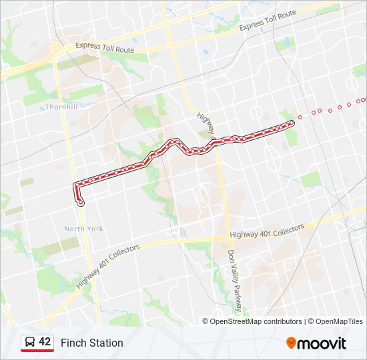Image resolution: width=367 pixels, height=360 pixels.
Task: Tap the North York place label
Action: point(83,229)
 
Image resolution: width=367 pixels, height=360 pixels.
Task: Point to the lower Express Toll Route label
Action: point(105,49)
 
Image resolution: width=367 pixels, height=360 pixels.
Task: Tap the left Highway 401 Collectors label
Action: point(108,265)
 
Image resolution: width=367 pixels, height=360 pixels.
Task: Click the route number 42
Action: point(45,342)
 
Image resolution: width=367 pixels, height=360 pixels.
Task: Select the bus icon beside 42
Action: point(30,343)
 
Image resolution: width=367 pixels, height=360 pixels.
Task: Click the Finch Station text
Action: point(92,343)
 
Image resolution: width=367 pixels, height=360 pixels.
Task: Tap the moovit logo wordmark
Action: point(322,343)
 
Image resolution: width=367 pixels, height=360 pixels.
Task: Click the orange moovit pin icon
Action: point(291,343)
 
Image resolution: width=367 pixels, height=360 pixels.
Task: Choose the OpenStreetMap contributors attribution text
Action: point(256,321)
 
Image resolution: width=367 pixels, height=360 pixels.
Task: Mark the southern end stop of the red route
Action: point(81,201)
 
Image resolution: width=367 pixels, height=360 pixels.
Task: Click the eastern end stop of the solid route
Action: point(292,123)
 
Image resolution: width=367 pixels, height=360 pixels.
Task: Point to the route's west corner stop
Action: point(77,183)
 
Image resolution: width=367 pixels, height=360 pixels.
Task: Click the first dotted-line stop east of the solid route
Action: point(300,117)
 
